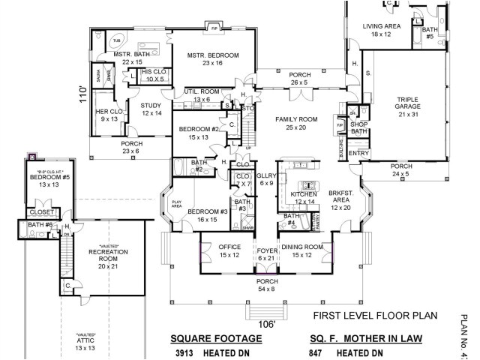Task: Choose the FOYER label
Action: point(267,252)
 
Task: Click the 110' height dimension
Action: point(84,95)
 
